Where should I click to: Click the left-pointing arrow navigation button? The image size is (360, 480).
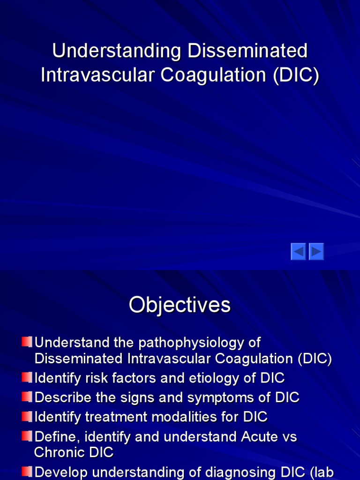pyautogui.click(x=299, y=252)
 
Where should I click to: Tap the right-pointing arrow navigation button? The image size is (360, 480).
pyautogui.click(x=316, y=252)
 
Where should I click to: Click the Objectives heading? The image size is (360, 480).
pyautogui.click(x=180, y=305)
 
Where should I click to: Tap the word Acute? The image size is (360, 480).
pyautogui.click(x=260, y=436)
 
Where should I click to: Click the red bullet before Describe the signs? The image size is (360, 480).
pyautogui.click(x=27, y=397)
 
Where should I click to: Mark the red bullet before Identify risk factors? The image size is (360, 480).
pyautogui.click(x=27, y=377)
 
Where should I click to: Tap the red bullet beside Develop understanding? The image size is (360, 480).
pyautogui.click(x=27, y=471)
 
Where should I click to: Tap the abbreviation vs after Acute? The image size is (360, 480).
pyautogui.click(x=290, y=437)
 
